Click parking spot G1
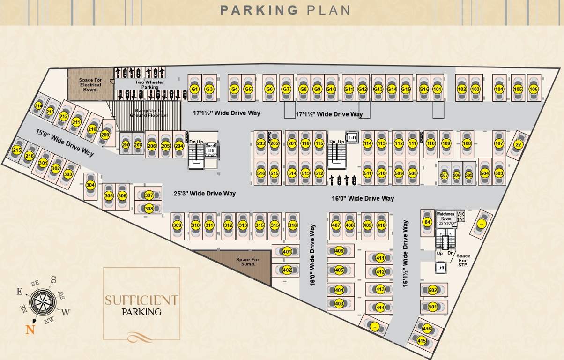point(195,89)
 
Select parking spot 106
point(533,89)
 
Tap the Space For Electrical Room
point(90,84)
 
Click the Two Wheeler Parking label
point(147,84)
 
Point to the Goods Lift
point(211,150)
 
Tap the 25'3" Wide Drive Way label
point(204,193)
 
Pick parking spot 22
point(518,145)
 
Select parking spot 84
point(427,222)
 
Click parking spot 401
point(287,252)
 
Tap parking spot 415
point(422,341)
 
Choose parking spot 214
point(38,106)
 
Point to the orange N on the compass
point(30,330)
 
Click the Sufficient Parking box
point(141,304)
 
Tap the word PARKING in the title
point(259,10)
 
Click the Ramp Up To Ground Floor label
point(149,113)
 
